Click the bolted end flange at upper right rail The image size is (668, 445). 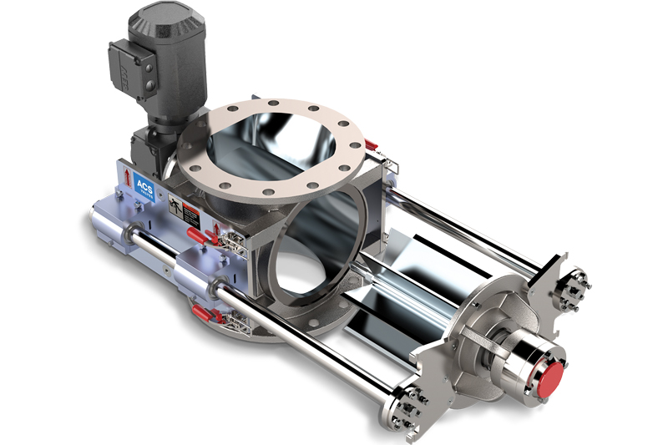tap(572, 290)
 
